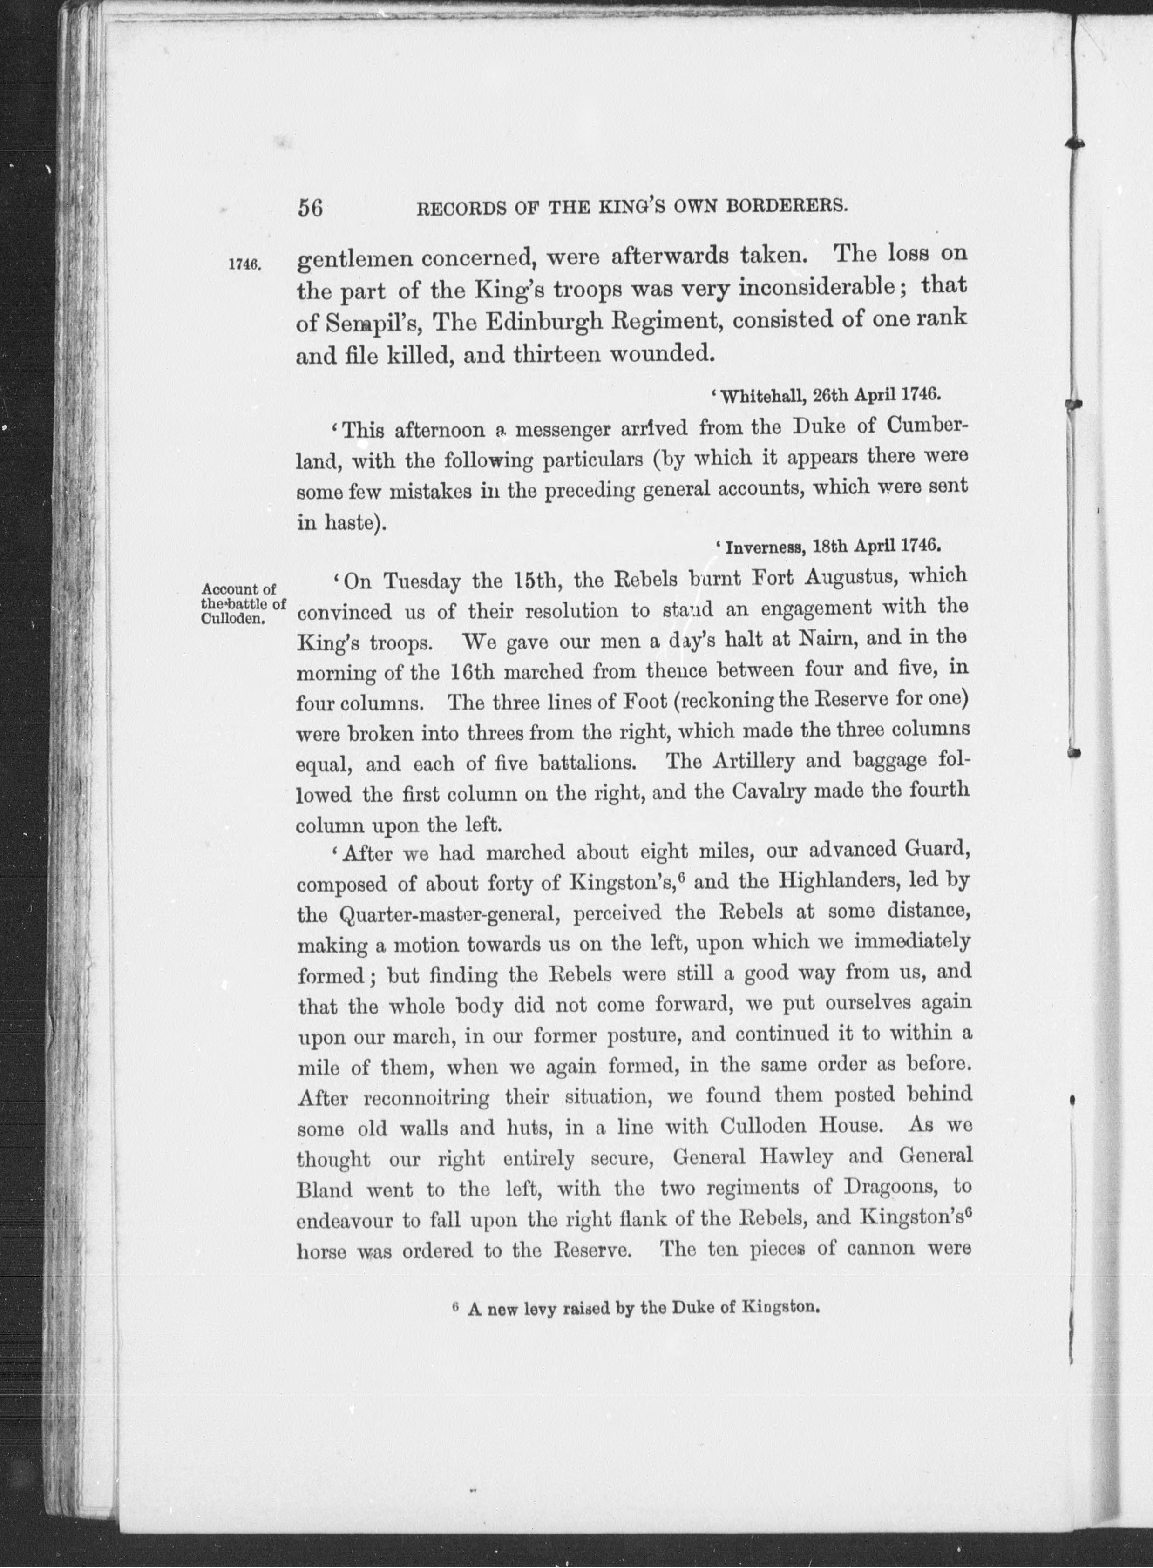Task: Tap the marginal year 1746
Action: pyautogui.click(x=245, y=265)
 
